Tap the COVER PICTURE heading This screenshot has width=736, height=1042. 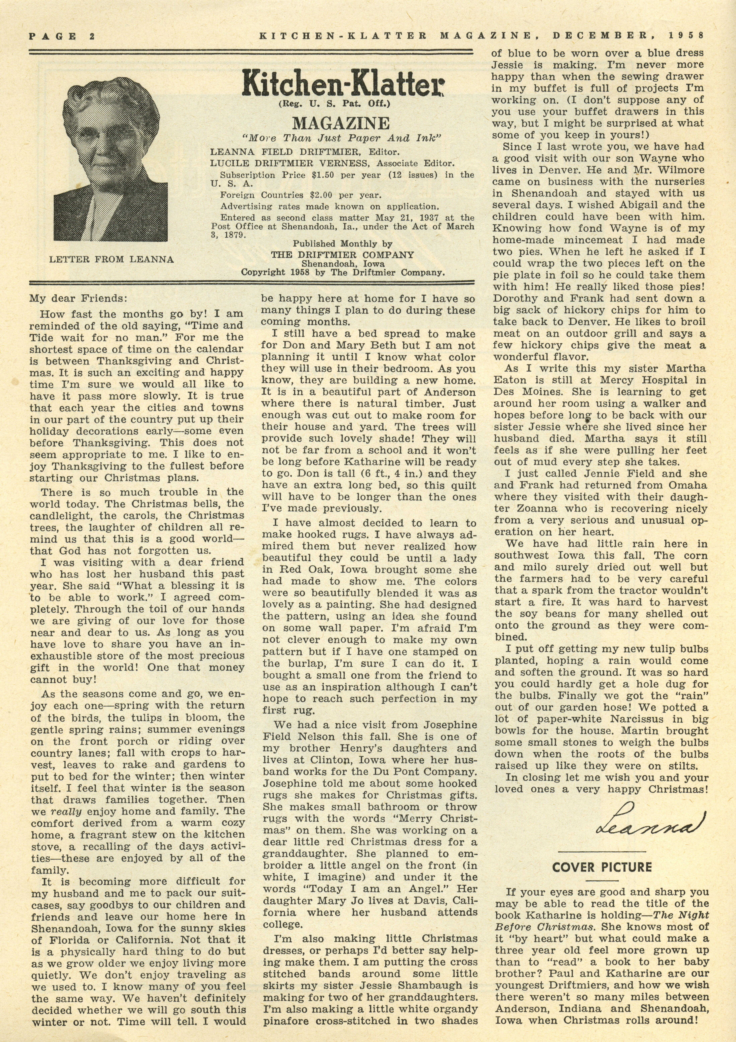tap(602, 867)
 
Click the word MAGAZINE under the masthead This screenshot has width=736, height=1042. tap(341, 123)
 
